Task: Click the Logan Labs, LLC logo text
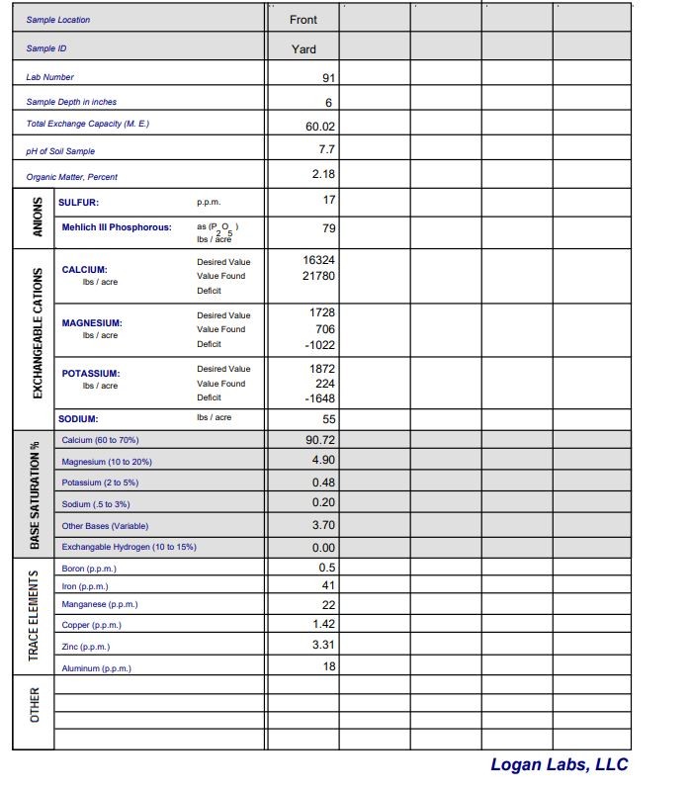coord(559,764)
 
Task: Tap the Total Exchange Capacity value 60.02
coord(320,126)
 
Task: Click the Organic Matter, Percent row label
coord(71,177)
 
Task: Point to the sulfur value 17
coord(328,200)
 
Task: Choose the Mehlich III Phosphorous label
coord(117,227)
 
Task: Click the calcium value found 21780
coord(318,276)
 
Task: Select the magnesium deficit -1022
coord(320,344)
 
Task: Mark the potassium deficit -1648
coord(320,397)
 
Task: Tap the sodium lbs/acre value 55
coord(328,418)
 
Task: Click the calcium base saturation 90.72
coord(320,439)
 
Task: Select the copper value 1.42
coord(323,624)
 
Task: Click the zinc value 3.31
coord(323,646)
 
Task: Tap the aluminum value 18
coord(328,666)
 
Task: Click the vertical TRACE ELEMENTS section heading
coord(35,616)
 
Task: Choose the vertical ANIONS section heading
coord(37,215)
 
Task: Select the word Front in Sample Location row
coord(303,20)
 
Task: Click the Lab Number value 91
coord(328,77)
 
